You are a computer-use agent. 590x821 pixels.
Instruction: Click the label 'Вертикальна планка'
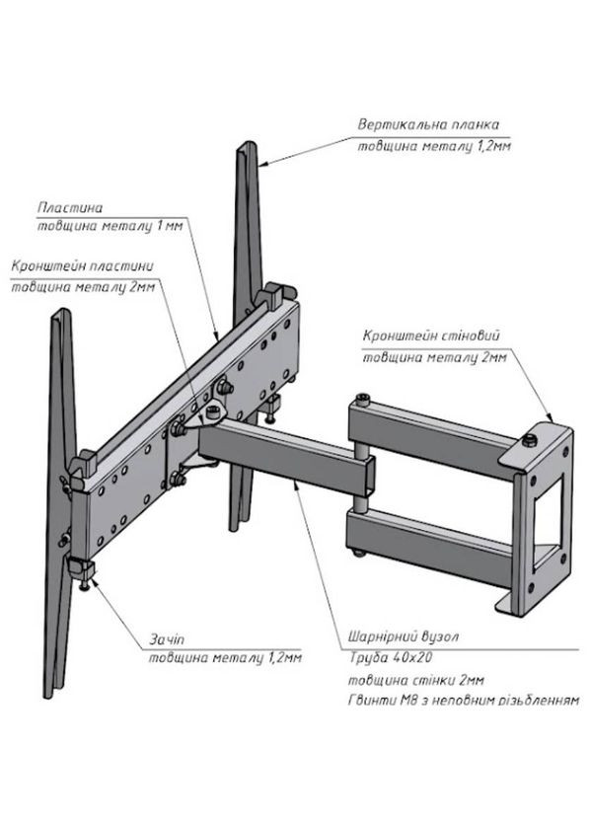click(429, 125)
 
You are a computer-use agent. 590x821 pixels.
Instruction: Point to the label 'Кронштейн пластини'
click(81, 266)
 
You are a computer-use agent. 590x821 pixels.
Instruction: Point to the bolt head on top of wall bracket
click(530, 431)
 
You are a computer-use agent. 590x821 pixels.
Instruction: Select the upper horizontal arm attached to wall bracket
click(434, 425)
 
